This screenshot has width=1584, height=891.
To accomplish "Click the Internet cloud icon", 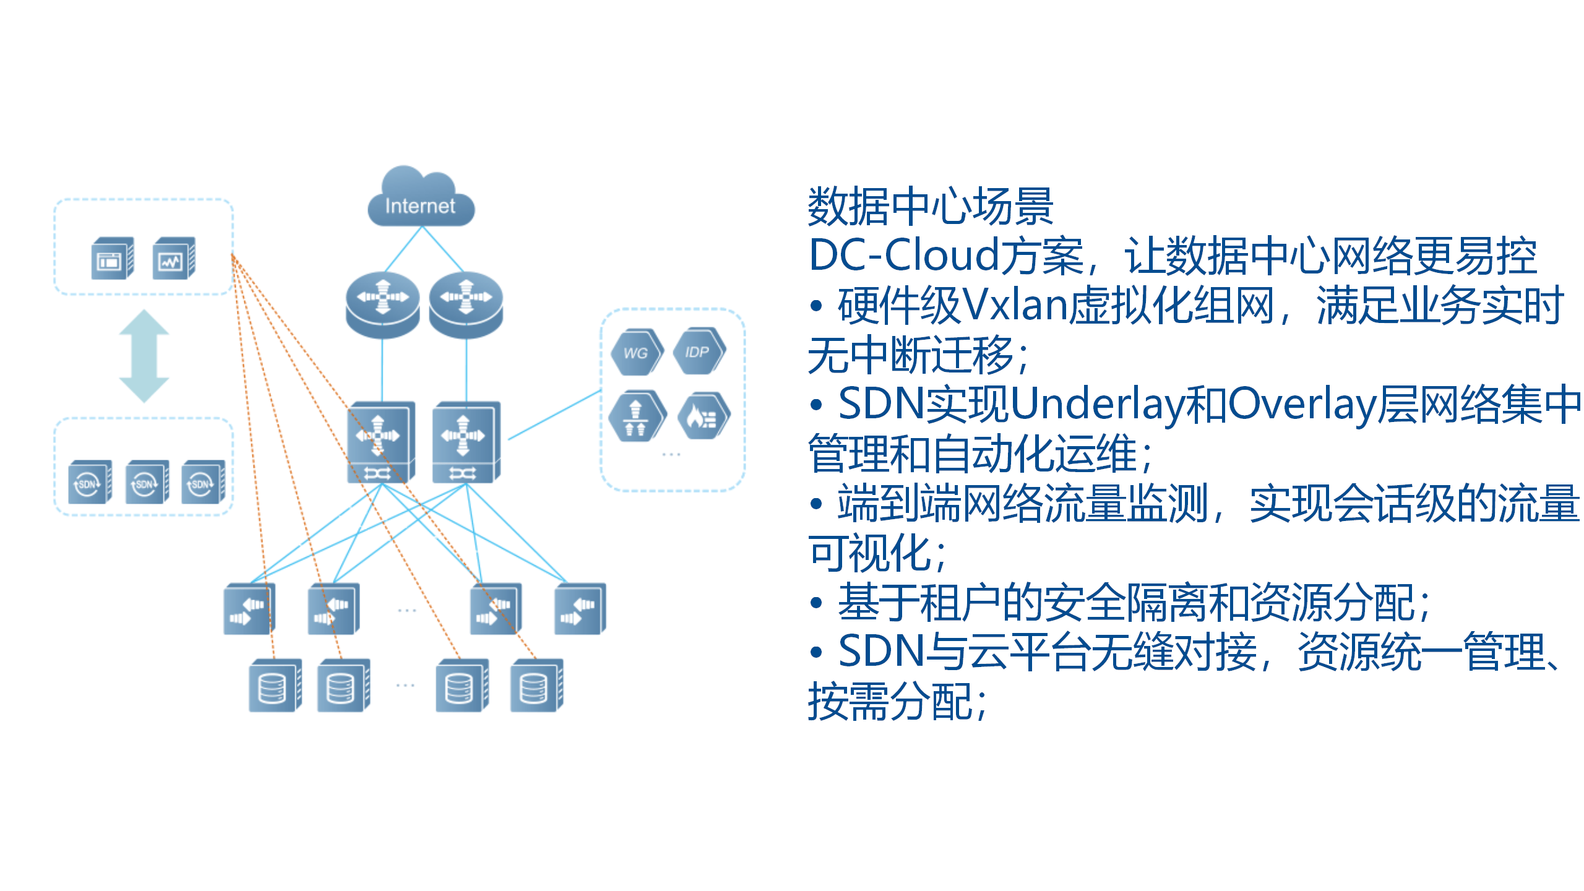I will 421,198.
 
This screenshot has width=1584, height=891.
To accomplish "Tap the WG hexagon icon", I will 636,352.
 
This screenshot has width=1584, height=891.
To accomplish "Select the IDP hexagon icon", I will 698,351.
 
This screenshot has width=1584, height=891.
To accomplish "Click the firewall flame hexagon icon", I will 703,416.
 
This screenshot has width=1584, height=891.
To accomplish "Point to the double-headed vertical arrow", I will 144,356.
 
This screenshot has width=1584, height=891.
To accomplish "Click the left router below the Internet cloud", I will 382,304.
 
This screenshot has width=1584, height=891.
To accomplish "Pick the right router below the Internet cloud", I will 466,304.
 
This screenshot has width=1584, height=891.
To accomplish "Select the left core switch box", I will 380,442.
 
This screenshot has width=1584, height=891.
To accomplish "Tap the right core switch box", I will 465,442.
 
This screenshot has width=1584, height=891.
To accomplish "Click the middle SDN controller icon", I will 146,483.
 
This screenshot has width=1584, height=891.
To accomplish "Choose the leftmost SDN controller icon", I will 90,483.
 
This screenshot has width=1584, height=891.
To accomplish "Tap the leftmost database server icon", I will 274,686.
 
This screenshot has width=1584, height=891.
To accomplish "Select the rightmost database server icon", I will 536,686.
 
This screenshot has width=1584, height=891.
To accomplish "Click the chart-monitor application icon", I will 173,259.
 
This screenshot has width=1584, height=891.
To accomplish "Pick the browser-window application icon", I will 112,259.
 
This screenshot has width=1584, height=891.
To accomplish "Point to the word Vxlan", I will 1015,306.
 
